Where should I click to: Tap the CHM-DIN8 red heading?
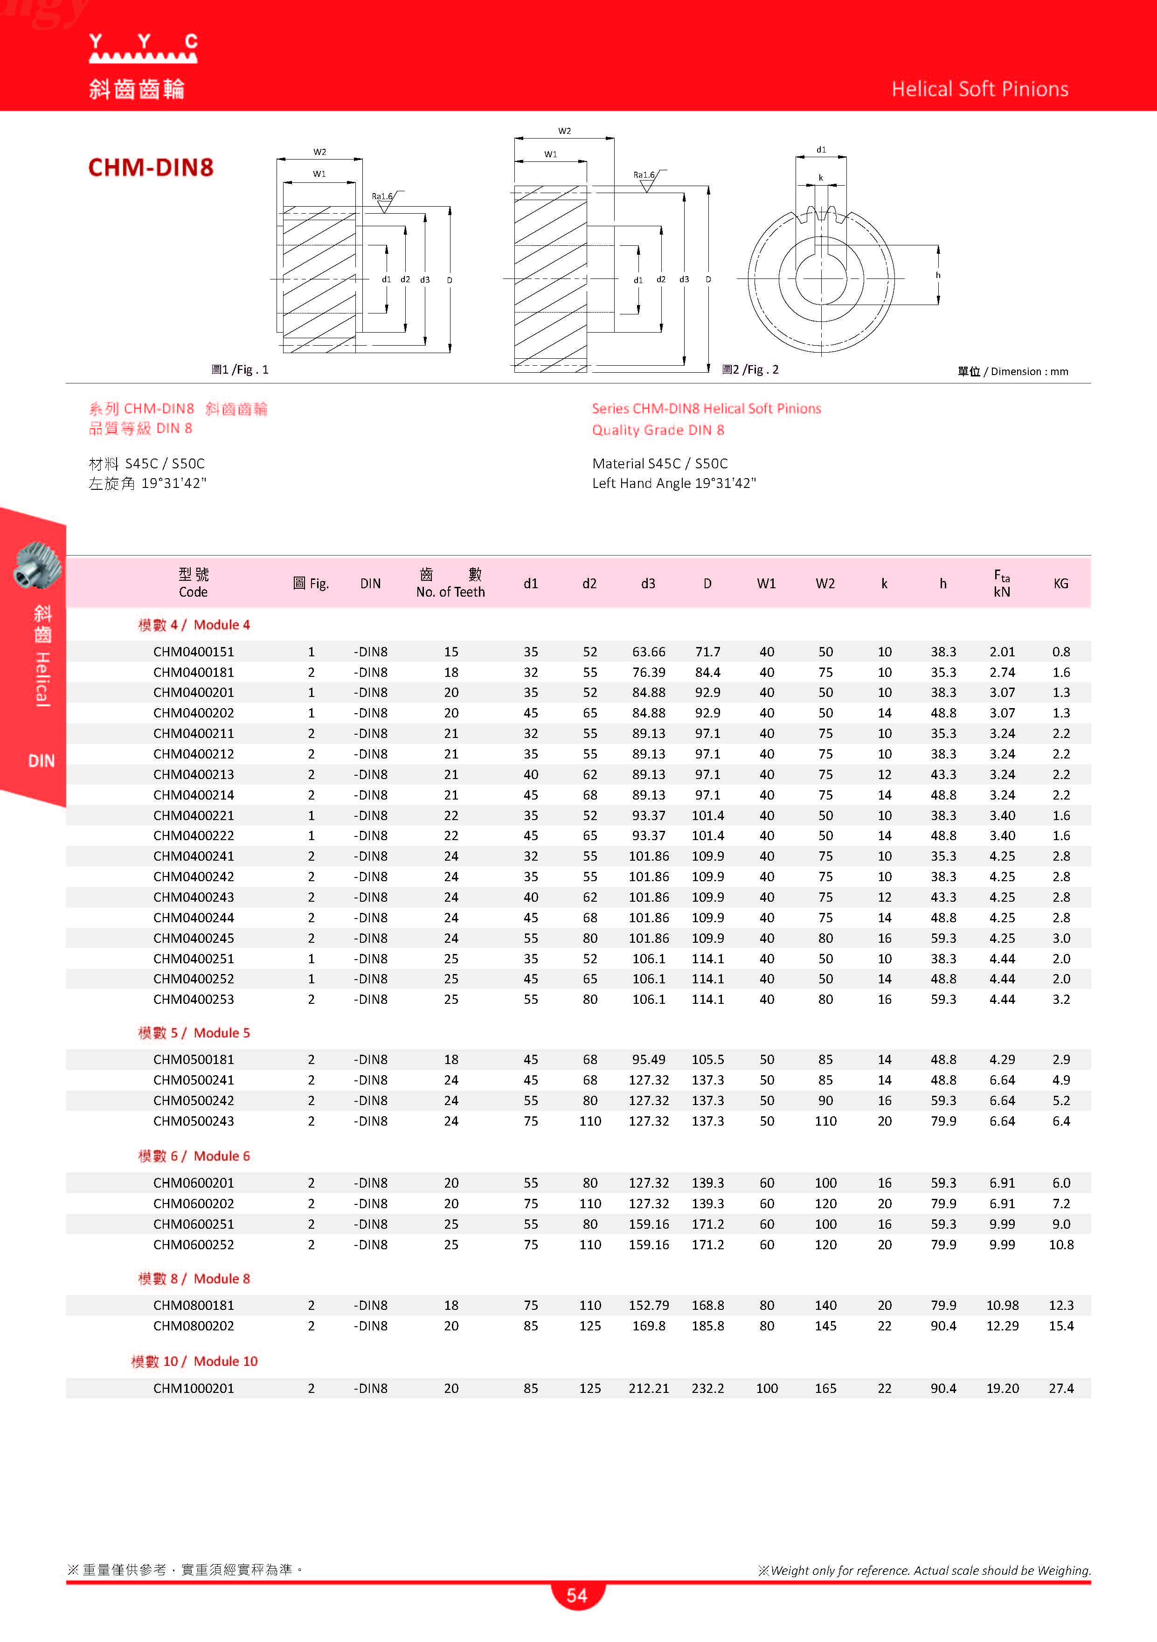coord(151,167)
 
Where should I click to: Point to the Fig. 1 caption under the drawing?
coord(240,370)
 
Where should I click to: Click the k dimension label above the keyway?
coord(820,177)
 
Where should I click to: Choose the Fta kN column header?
coord(1002,583)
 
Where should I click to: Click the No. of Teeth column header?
coord(450,583)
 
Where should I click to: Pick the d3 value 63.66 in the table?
coord(649,652)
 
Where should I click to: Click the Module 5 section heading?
coord(194,1033)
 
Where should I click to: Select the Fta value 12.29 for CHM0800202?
coord(1002,1326)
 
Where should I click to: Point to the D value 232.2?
coord(707,1388)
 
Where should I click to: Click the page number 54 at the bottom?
coord(577,1595)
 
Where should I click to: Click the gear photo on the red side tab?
coord(36,564)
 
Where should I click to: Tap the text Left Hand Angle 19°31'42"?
coord(673,483)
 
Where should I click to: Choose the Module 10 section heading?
coord(194,1361)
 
